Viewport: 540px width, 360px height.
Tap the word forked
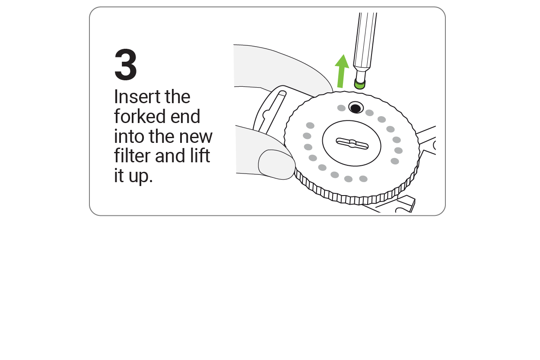[140, 116]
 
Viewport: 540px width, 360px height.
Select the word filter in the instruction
[132, 155]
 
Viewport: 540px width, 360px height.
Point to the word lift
[200, 155]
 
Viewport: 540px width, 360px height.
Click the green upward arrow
[341, 71]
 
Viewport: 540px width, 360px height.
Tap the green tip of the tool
[359, 85]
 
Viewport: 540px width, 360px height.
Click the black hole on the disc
[356, 107]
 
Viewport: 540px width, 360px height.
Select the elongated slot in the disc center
[352, 143]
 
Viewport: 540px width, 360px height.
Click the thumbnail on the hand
[277, 164]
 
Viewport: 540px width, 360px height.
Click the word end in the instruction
[185, 116]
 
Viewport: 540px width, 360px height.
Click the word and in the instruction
[170, 155]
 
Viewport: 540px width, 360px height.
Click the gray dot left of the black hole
[341, 108]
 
